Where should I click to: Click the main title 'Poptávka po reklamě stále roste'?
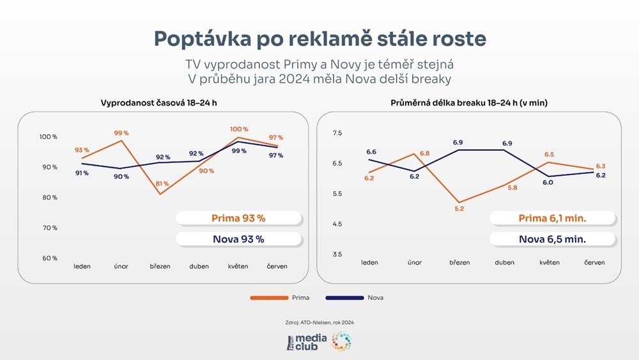click(319, 38)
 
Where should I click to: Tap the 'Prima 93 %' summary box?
click(238, 218)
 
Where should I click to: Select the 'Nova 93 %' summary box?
click(238, 239)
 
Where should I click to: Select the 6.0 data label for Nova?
click(548, 183)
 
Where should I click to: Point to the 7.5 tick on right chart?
click(337, 133)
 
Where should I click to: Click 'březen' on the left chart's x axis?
click(160, 266)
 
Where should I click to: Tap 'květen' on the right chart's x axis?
click(550, 263)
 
